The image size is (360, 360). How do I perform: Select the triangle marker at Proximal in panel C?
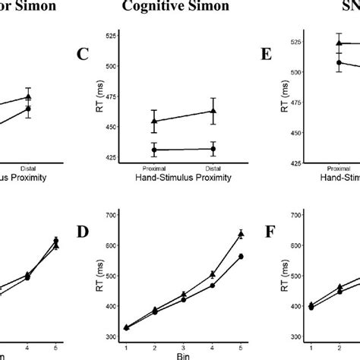154,121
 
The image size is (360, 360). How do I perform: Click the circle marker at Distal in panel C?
213,149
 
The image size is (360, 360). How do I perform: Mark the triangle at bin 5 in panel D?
241,234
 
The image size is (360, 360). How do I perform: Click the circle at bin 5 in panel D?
241,257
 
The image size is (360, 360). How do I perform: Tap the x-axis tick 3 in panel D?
183,345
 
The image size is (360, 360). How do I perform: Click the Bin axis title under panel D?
183,355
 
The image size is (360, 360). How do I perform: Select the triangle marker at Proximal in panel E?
339,44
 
